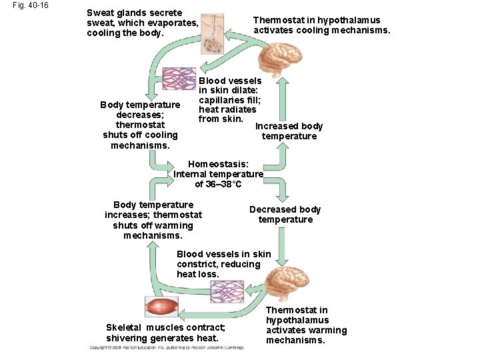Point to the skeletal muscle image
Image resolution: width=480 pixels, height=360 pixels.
tap(161, 306)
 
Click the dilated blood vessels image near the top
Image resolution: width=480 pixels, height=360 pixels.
tap(179, 79)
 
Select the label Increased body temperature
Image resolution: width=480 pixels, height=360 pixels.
tap(289, 131)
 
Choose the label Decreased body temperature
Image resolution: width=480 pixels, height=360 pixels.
tap(285, 215)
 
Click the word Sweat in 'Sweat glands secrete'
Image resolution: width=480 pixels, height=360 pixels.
tap(100, 13)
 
